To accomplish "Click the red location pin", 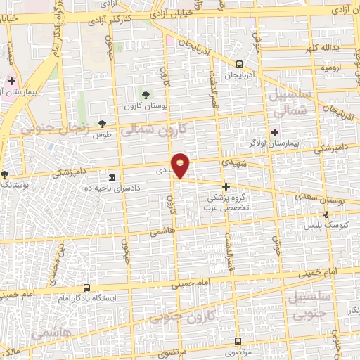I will coord(181,165).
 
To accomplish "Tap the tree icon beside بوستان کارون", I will coord(146,93).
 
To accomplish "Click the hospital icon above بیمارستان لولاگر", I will coord(274,131).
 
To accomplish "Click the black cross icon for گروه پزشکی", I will coord(226,186).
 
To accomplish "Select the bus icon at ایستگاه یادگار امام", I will coord(86,288).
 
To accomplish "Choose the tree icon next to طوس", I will coord(103,124).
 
